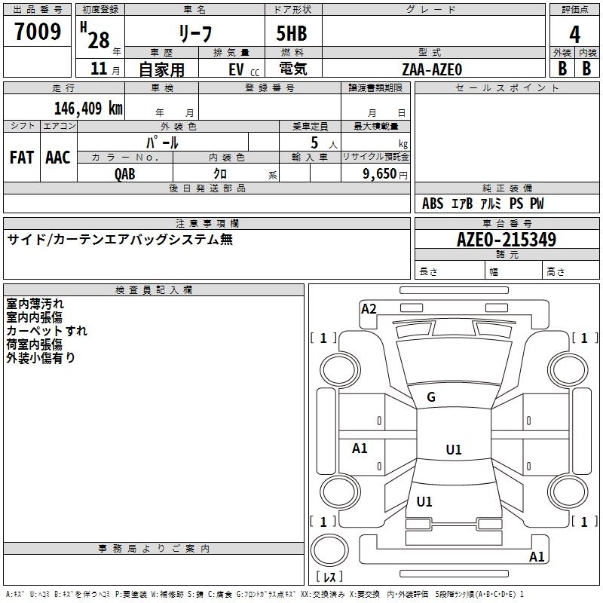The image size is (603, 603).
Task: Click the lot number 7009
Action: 38,32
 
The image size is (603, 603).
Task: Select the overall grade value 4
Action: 575,34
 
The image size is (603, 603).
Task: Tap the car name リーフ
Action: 194,34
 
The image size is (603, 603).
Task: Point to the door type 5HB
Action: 292,34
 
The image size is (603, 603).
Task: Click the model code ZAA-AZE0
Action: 432,69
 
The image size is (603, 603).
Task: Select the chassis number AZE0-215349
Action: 507,240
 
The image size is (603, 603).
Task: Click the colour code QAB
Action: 125,173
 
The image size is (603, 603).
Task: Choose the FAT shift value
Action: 22,158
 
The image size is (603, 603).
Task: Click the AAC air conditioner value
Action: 58,158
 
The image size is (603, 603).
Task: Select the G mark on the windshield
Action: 431,397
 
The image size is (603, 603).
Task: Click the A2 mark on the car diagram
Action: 369,308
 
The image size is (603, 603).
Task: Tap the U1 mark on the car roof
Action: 454,450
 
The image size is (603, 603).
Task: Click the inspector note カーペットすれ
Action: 47,331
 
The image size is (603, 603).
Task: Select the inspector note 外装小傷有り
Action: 41,358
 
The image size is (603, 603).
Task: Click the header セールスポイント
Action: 507,88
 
